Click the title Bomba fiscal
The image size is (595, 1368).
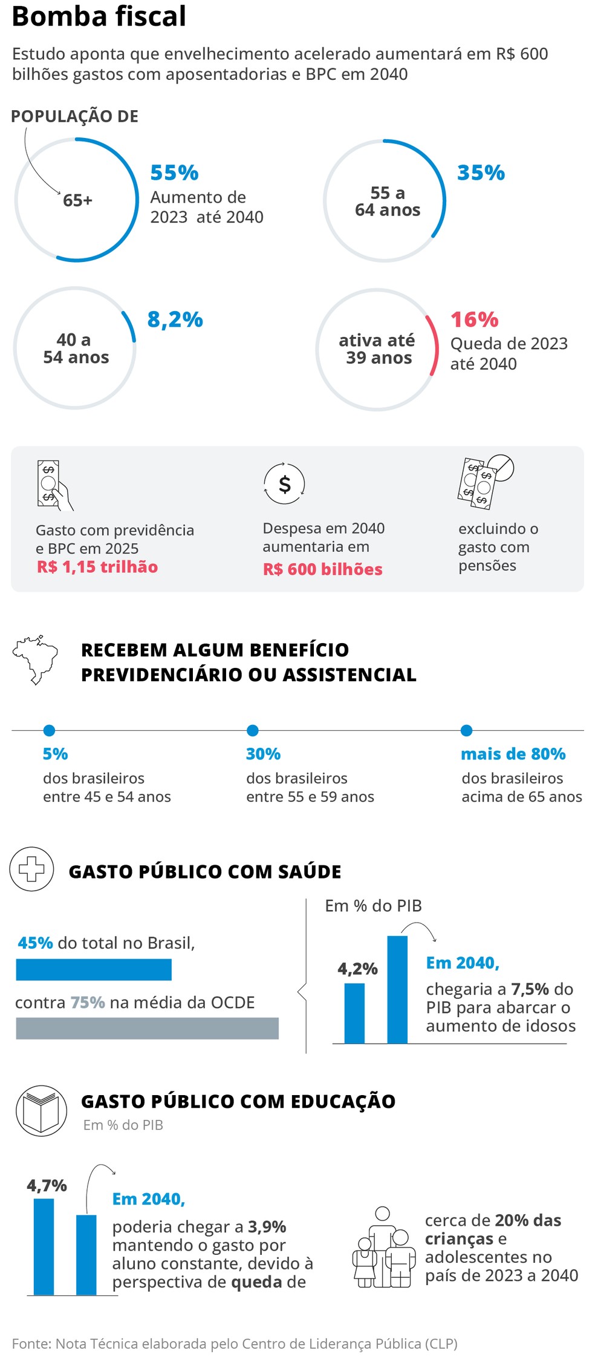(x=99, y=17)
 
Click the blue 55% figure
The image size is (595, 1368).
(x=174, y=173)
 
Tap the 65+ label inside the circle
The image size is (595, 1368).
(x=77, y=200)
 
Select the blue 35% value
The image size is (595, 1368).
(x=481, y=173)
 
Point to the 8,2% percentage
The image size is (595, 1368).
(x=175, y=319)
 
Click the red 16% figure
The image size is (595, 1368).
(x=474, y=319)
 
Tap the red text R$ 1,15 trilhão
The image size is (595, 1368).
(x=97, y=567)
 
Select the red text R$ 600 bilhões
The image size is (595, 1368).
(x=322, y=569)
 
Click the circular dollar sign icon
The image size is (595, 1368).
(x=284, y=483)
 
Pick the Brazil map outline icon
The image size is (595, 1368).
(x=36, y=659)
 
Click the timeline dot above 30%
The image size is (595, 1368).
(x=253, y=730)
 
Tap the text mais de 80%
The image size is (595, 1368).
(x=513, y=754)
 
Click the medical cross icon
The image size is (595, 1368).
(x=31, y=869)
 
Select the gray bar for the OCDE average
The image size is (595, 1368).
(x=147, y=1028)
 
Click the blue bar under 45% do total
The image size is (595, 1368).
(x=94, y=969)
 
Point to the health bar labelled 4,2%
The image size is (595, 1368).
(x=354, y=1013)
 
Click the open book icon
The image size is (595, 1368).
(x=41, y=1110)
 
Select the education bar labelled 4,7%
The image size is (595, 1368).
(x=44, y=1246)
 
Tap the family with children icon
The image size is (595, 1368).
(x=384, y=1248)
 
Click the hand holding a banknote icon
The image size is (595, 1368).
(x=54, y=485)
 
